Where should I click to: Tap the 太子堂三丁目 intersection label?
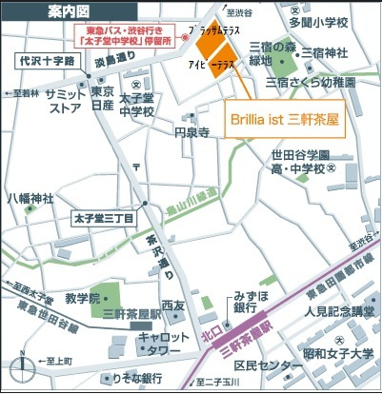coord(109,218)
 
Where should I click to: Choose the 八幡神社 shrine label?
coord(30,199)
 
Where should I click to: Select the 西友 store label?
coord(172,306)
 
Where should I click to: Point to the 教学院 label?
coord(82,299)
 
